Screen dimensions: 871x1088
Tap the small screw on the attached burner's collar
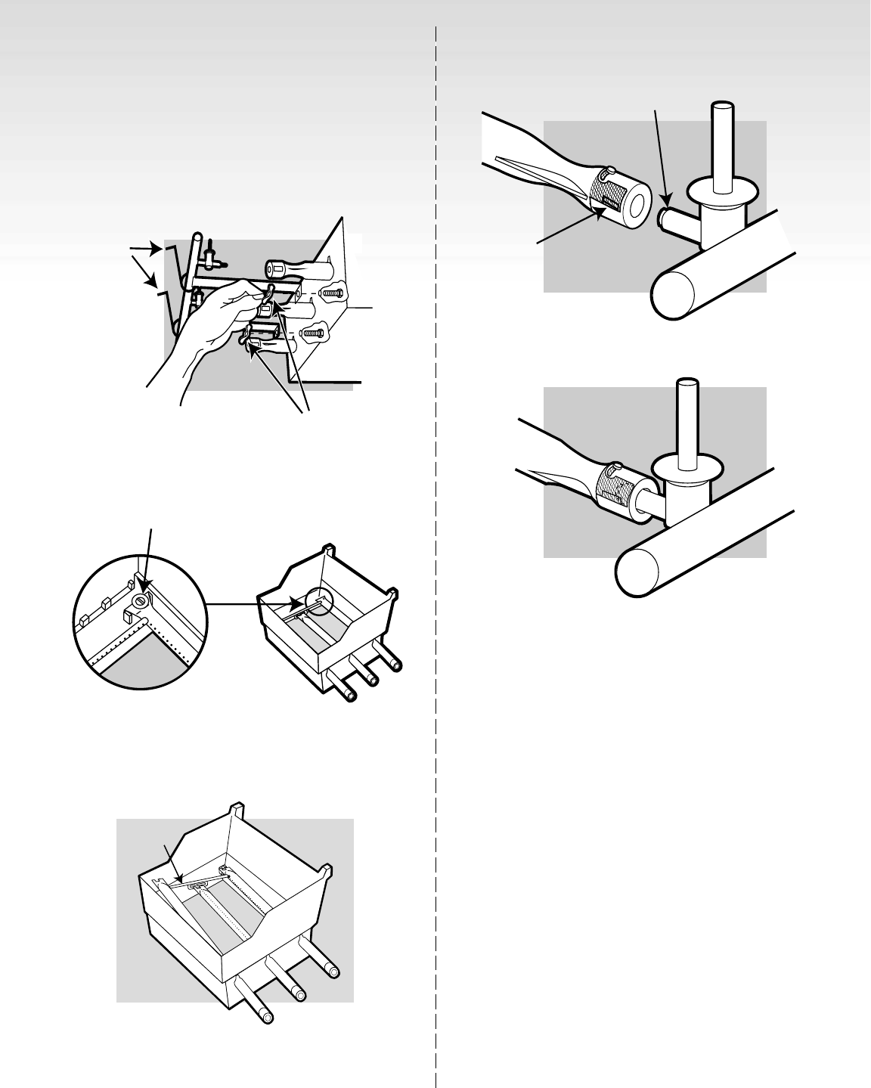(x=616, y=467)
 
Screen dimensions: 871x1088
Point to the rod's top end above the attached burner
(x=687, y=383)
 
